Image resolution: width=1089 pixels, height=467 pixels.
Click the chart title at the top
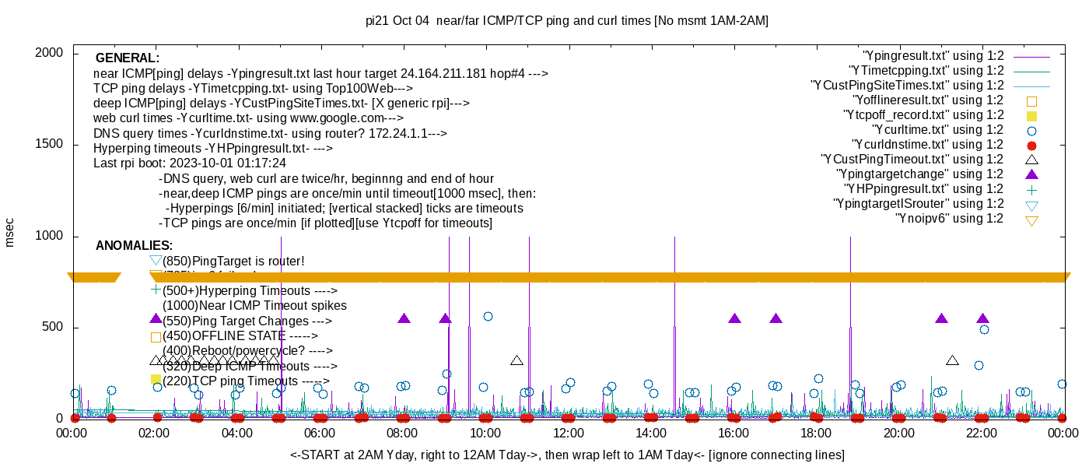[x=567, y=21]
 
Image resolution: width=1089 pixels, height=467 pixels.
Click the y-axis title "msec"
[x=10, y=232]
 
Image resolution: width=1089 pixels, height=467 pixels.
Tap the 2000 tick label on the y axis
[x=51, y=53]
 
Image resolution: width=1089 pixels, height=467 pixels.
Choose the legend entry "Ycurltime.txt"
[x=937, y=130]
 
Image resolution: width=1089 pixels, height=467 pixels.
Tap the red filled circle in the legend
[x=1032, y=146]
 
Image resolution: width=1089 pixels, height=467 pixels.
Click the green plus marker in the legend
[x=1032, y=189]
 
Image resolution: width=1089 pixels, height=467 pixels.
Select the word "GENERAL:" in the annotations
[x=128, y=58]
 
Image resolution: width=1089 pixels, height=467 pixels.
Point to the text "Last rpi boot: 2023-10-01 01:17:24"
[x=190, y=163]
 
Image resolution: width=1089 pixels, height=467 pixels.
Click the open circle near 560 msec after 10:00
[x=488, y=316]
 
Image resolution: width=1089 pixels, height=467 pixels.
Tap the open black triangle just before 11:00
[x=516, y=360]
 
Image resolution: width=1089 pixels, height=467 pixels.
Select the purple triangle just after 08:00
[x=404, y=318]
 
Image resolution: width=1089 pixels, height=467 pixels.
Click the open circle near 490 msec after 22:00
[x=984, y=329]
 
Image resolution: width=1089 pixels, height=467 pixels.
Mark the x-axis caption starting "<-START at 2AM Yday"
[x=567, y=455]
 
